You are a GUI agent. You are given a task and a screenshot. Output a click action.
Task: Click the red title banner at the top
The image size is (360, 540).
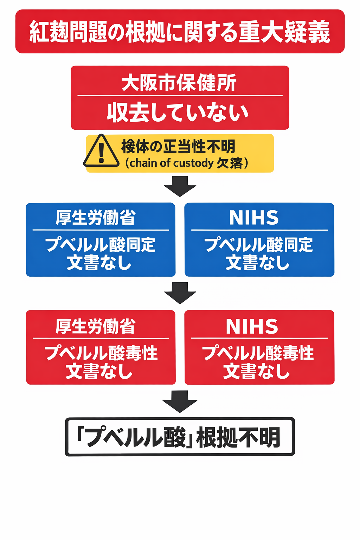point(180,32)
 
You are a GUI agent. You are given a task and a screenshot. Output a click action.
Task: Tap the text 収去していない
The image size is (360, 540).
point(178,113)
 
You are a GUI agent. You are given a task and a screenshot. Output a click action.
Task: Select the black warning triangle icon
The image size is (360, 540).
point(101,152)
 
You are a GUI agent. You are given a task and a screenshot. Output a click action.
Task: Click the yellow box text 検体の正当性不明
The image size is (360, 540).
point(178,146)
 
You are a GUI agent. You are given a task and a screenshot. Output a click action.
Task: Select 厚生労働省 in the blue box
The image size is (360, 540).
point(95,218)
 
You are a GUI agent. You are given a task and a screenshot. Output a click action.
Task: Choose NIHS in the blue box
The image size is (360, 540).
point(254,218)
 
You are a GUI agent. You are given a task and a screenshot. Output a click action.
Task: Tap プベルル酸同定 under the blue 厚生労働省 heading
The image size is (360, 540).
point(100,245)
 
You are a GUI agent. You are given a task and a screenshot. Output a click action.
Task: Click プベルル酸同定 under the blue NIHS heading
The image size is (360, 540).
point(258,245)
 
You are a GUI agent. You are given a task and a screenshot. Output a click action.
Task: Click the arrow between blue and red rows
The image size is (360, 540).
point(180,292)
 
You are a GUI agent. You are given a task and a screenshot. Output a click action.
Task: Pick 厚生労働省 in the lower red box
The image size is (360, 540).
point(95,326)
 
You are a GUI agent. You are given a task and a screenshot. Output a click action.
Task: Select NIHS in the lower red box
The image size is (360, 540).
point(252,327)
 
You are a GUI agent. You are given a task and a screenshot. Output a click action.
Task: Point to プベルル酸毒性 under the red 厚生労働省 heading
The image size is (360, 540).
point(101,353)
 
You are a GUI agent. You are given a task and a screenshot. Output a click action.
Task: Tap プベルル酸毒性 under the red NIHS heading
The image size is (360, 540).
point(258,353)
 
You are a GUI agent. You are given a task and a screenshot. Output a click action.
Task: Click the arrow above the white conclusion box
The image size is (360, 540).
point(180,401)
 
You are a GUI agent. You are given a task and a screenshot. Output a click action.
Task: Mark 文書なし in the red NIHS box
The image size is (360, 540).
point(257,371)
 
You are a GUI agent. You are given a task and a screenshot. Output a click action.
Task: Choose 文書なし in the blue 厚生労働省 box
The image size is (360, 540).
point(99,263)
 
